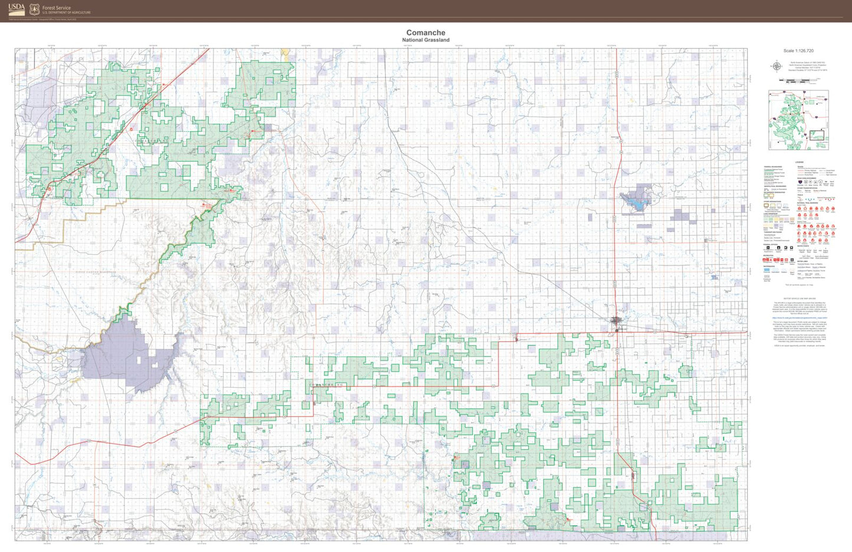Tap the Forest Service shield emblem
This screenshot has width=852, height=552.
(x=34, y=9)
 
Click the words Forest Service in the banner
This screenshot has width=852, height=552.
(x=57, y=8)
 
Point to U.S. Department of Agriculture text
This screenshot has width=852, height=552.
(x=67, y=12)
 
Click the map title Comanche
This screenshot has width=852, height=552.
(x=426, y=33)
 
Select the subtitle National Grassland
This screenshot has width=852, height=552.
(x=426, y=40)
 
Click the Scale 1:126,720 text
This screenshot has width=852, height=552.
(x=798, y=51)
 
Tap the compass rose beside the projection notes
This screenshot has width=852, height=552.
(x=777, y=66)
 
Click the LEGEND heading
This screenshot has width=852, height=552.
(x=799, y=162)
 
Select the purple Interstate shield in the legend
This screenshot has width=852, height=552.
(x=800, y=182)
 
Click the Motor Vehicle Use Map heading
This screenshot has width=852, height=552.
(x=799, y=299)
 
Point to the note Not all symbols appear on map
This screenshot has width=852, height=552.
(x=799, y=285)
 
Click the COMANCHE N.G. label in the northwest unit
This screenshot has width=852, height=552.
(x=152, y=141)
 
